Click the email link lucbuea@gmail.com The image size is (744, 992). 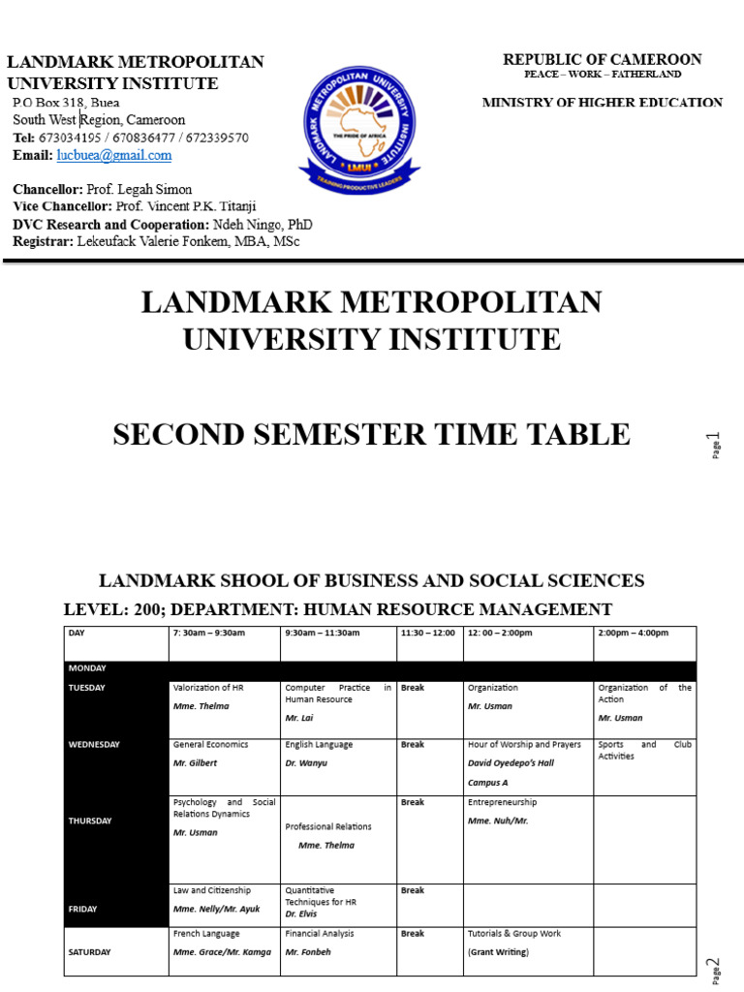113,155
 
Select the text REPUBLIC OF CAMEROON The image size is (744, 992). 602,60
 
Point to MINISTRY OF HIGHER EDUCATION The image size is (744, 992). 602,103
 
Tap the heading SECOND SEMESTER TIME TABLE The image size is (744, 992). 371,435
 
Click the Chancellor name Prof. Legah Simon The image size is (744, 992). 139,190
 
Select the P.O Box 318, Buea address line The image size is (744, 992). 67,103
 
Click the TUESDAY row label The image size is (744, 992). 87,688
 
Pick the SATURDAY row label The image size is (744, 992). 90,952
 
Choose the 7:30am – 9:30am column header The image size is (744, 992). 209,633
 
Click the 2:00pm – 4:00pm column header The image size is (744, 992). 634,633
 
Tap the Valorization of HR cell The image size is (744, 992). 224,697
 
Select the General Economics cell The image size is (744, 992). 224,754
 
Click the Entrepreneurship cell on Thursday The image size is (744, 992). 528,812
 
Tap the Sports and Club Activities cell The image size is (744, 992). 644,751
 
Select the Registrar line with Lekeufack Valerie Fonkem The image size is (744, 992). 156,241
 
